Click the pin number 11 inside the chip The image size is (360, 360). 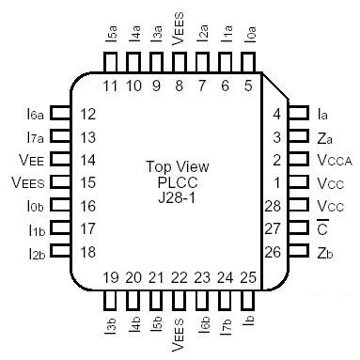[x=110, y=86]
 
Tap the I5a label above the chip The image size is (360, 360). [x=111, y=37]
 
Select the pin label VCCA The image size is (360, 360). [x=336, y=160]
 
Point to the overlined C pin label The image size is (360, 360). [x=322, y=227]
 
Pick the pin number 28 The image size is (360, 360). [x=274, y=205]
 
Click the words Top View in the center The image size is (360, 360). [x=180, y=165]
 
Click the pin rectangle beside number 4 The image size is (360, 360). [x=298, y=115]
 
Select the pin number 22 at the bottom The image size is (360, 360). [x=179, y=277]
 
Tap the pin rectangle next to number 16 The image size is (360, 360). [x=60, y=205]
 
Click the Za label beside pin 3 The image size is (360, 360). [x=324, y=137]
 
